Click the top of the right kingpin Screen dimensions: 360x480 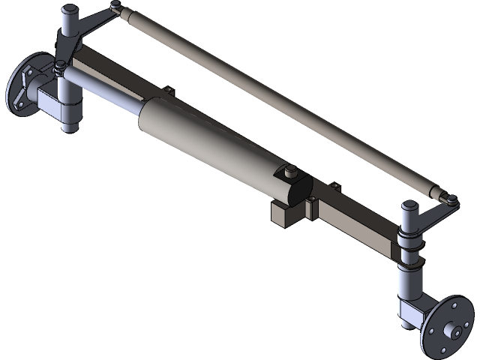click(412, 205)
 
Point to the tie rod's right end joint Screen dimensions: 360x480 click(451, 199)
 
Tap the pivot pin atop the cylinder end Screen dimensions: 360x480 click(288, 172)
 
